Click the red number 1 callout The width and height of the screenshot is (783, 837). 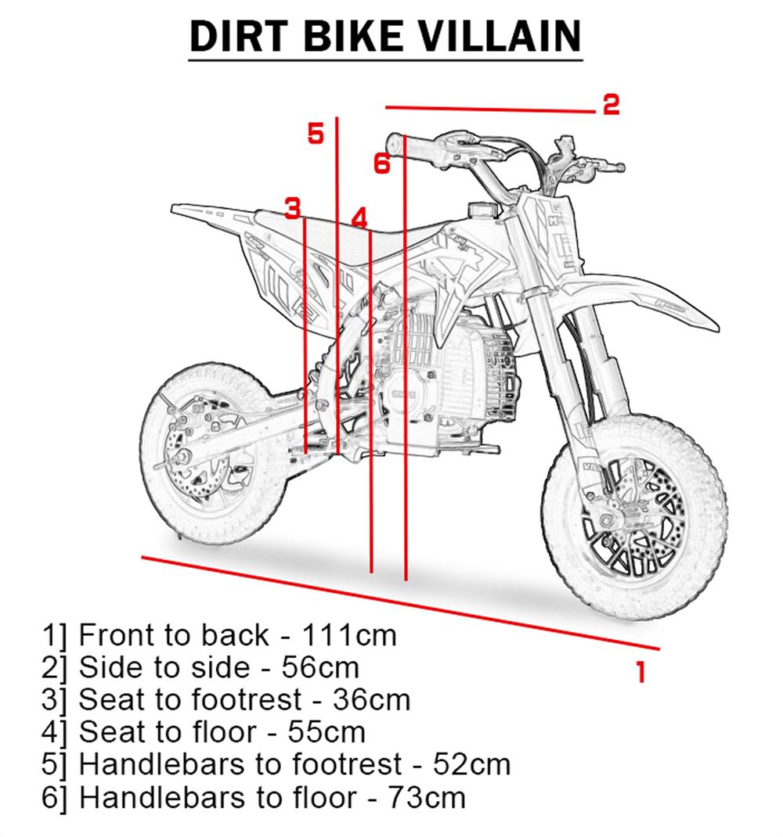point(641,670)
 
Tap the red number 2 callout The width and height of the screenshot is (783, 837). point(611,104)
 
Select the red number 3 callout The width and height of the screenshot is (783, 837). point(292,208)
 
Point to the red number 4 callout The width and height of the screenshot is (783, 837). point(359,217)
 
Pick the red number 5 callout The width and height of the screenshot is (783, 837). point(315,134)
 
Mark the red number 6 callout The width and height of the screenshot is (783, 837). point(381,163)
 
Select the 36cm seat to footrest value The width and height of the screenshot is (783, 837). point(371,699)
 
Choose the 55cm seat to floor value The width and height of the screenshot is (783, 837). point(327,732)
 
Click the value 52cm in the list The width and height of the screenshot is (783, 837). point(471,764)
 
